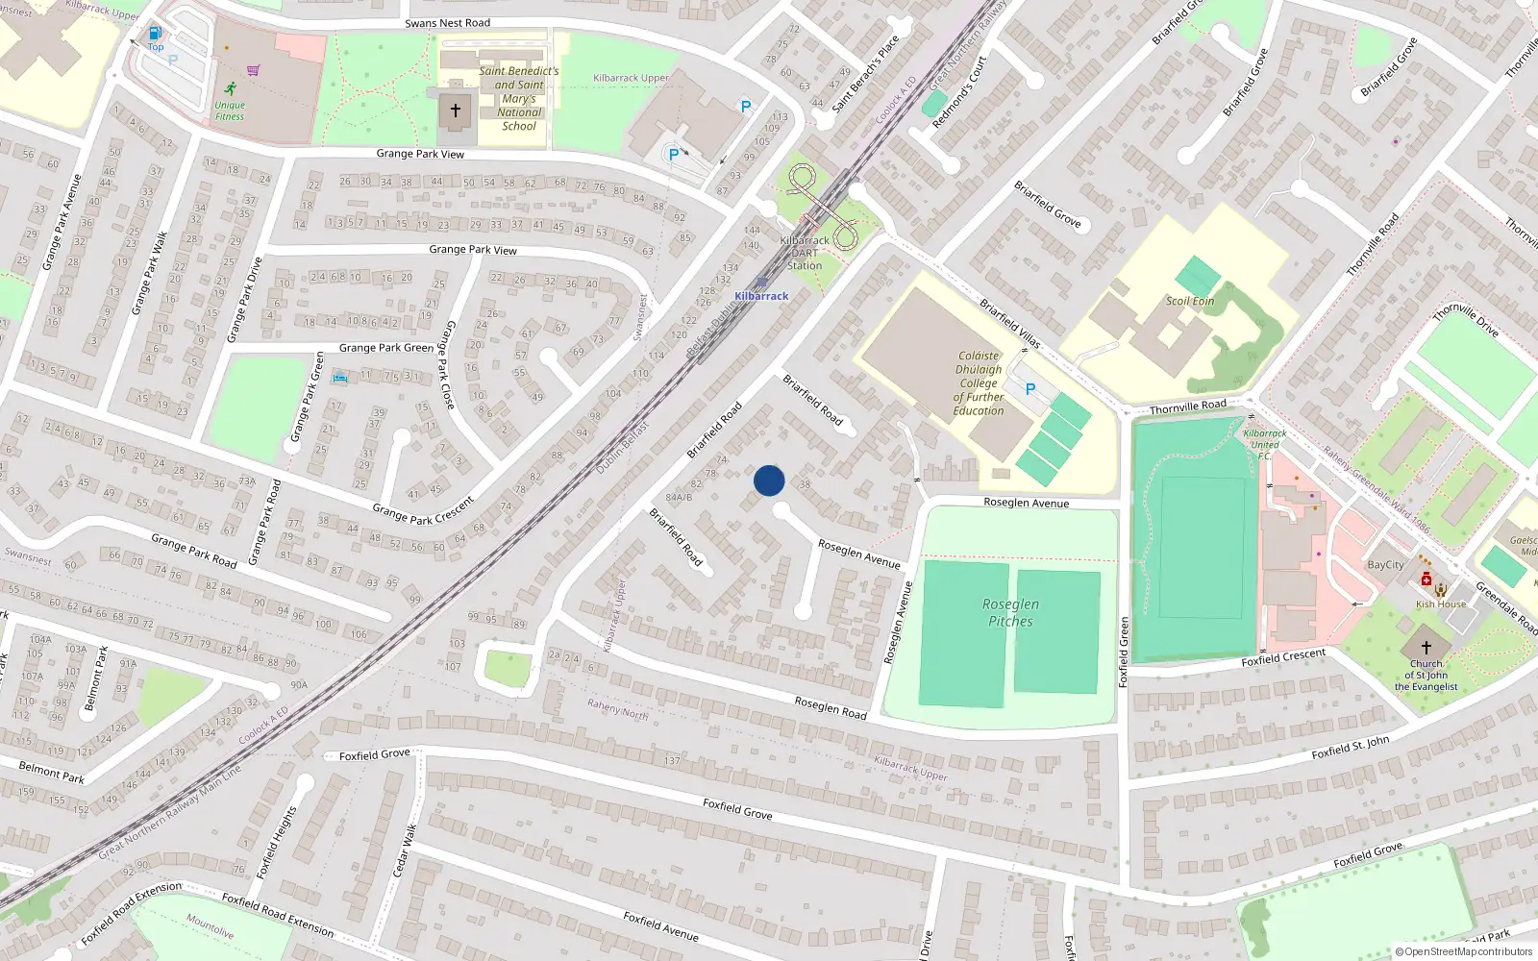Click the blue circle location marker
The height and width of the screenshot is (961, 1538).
(769, 480)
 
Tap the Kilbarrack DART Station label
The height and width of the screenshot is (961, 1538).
(805, 253)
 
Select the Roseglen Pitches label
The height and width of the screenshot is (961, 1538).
(1010, 612)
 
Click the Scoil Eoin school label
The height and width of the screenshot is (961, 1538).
(1190, 301)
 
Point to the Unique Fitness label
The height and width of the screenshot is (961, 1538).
(230, 111)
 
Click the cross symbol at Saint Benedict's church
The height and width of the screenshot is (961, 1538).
(456, 110)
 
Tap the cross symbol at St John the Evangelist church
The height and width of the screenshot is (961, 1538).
(1426, 647)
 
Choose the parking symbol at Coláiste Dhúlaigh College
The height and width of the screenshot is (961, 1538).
(1030, 389)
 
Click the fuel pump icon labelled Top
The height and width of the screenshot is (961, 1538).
(155, 33)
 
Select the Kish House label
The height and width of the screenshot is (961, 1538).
(1441, 604)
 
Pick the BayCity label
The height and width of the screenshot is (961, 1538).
(1386, 565)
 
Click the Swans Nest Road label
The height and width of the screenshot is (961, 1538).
(447, 23)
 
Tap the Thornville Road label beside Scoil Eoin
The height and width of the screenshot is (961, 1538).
(1188, 407)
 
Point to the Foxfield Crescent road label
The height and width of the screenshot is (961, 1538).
(1283, 657)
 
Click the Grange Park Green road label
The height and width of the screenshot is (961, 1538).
(386, 348)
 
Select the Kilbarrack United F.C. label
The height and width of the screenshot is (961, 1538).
(1265, 444)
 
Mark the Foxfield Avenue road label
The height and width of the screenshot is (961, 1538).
(660, 925)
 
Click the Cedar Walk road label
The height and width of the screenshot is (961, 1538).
(405, 850)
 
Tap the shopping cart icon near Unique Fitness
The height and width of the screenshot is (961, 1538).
(253, 69)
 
